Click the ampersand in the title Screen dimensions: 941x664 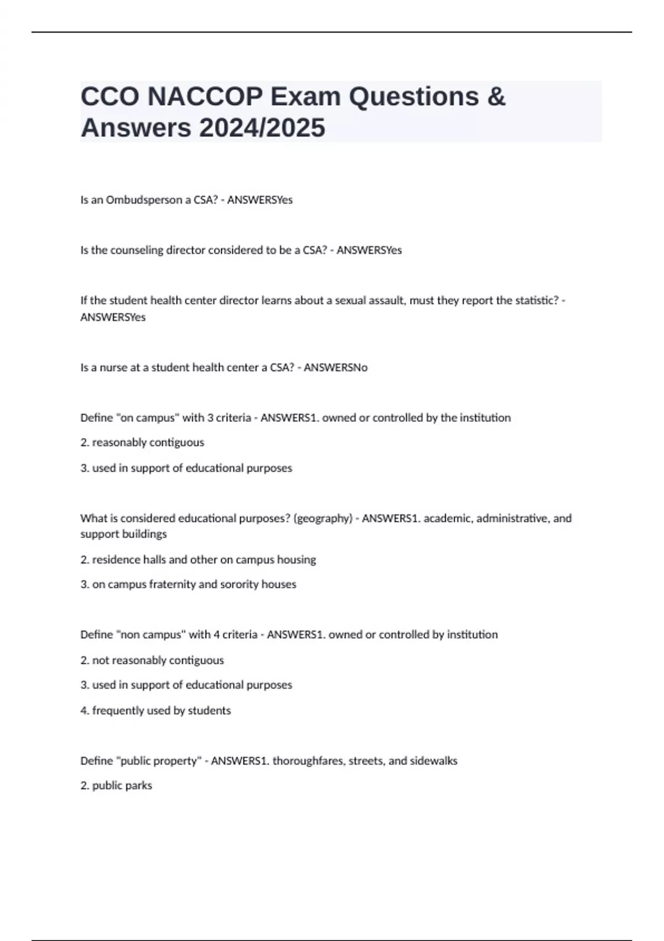pyautogui.click(x=496, y=97)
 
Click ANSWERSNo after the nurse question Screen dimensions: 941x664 pyautogui.click(x=335, y=368)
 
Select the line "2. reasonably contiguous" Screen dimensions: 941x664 pyautogui.click(x=142, y=443)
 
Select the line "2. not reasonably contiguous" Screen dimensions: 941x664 pyautogui.click(x=152, y=660)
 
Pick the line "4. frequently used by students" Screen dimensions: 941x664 pyautogui.click(x=155, y=711)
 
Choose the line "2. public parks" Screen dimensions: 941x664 pyautogui.click(x=116, y=786)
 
